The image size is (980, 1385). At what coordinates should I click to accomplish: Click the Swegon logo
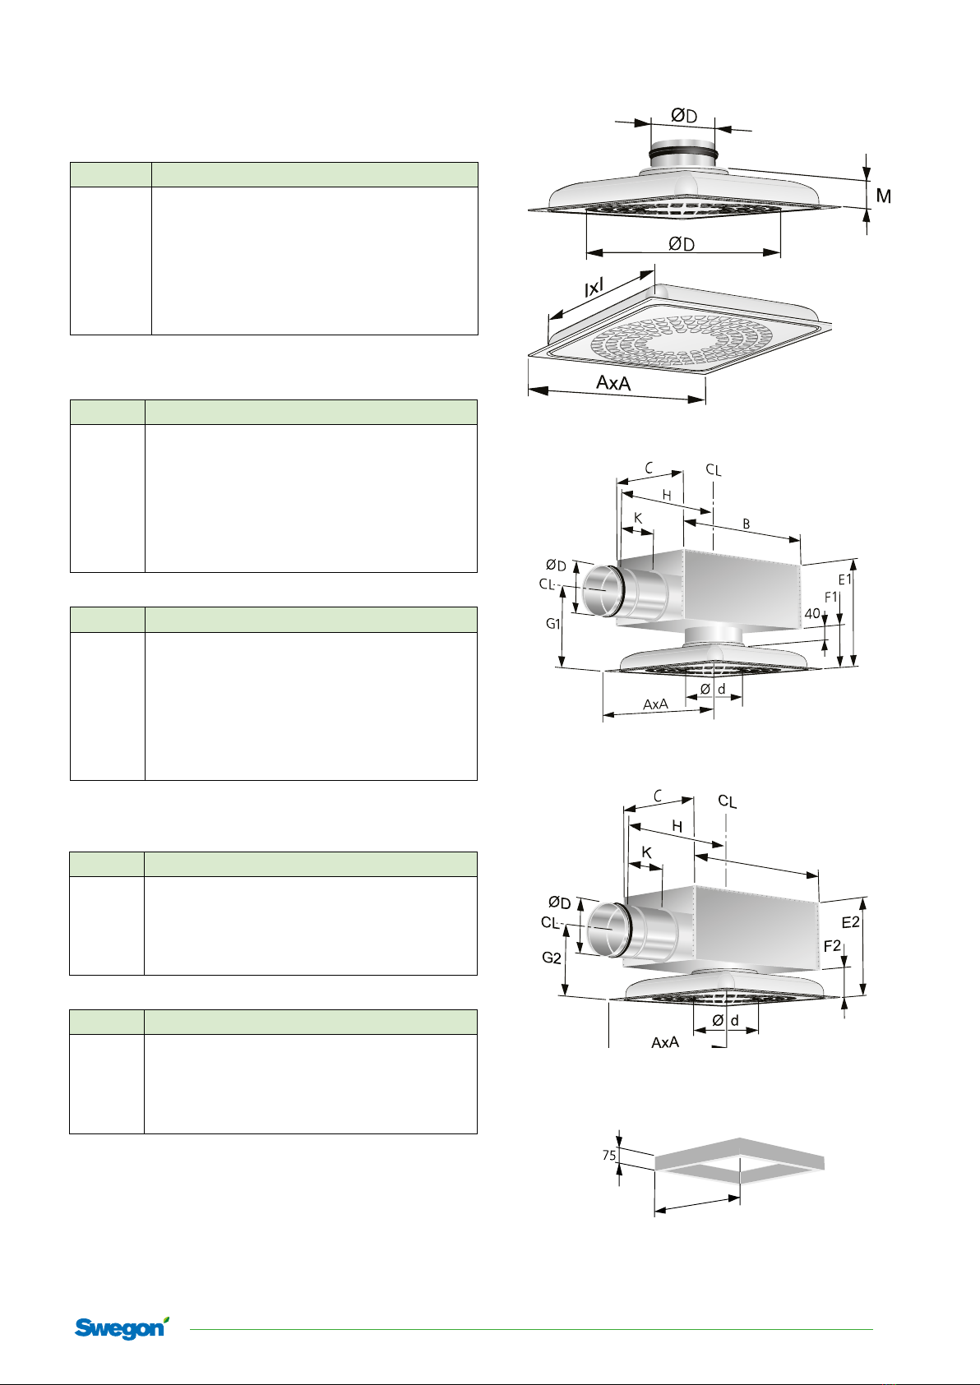coord(122,1327)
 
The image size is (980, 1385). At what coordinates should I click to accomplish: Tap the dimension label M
coord(884,196)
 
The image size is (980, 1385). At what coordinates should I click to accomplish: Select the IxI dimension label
coord(594,288)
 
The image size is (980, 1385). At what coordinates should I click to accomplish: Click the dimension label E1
coord(844,579)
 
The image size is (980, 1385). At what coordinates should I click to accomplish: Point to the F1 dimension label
coord(831,597)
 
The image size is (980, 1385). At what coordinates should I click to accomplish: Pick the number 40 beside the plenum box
coord(811,613)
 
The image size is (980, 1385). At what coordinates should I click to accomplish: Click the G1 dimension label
coord(552,623)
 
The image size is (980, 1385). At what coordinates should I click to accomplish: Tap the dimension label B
coord(747,524)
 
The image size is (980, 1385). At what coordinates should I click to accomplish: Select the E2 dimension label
coord(851,922)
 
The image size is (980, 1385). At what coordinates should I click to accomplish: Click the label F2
coord(832,946)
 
